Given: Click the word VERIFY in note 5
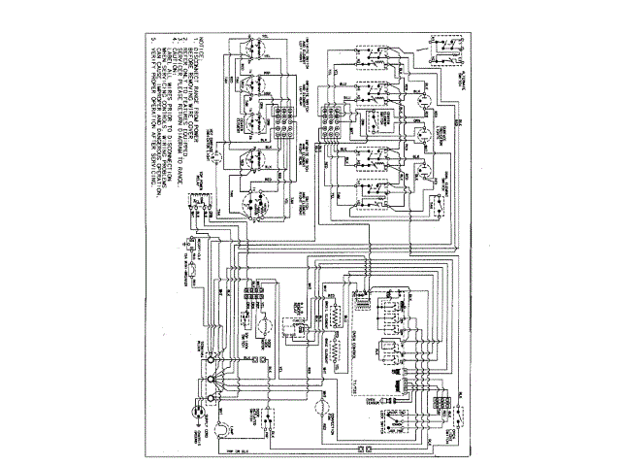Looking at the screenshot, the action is (151, 72).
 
